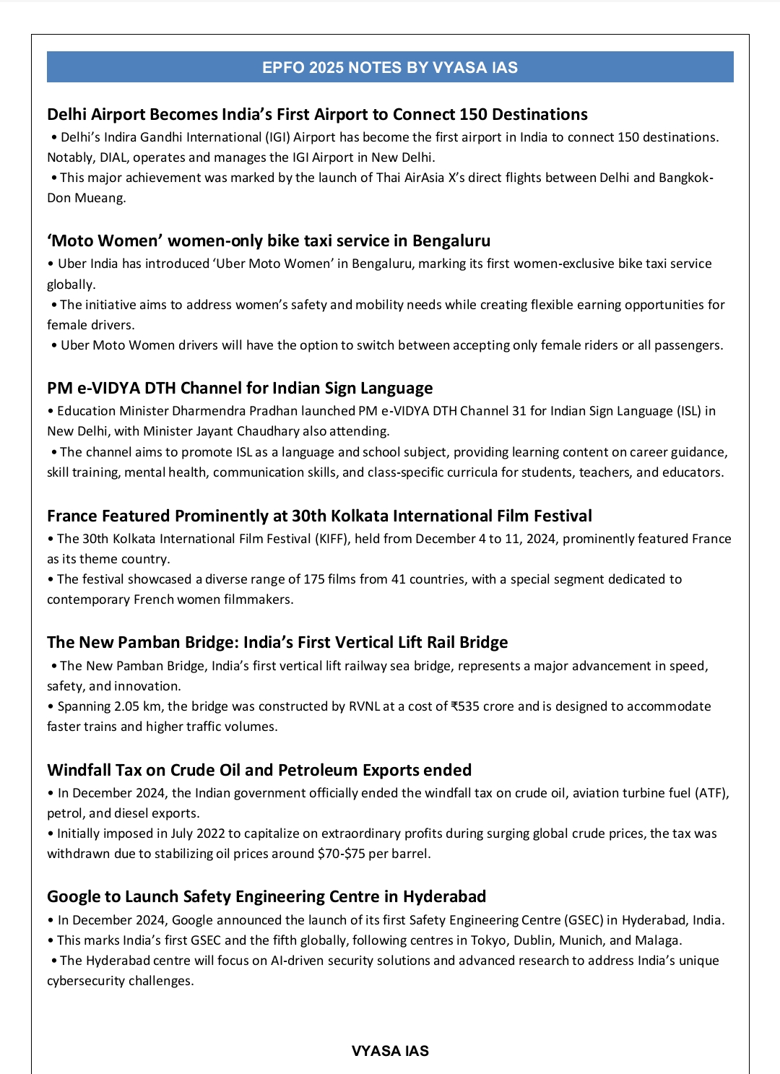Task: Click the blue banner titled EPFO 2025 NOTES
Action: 390,67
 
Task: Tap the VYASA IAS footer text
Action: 390,1051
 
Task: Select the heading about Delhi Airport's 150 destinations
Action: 317,114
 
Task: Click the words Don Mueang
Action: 86,198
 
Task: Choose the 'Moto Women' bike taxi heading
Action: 269,241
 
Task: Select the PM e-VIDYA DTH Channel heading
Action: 240,388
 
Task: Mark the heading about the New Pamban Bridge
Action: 277,642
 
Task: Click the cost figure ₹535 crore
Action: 482,706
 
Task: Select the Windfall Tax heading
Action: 259,770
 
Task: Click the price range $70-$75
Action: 341,854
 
